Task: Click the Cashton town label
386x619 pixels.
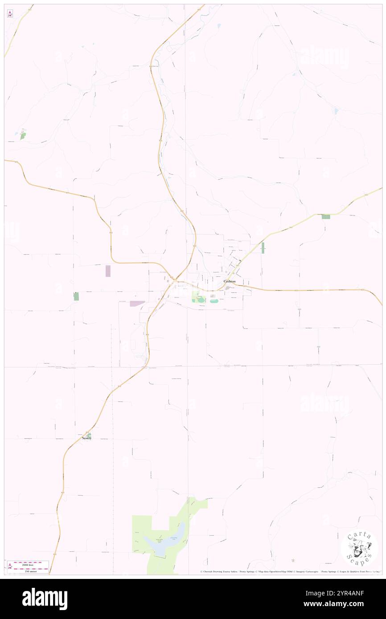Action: tap(229, 281)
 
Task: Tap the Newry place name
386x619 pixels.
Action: tap(86, 438)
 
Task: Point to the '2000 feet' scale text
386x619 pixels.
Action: tap(31, 563)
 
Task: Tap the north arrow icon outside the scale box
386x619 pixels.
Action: tap(10, 14)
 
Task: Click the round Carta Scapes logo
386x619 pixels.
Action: tap(359, 548)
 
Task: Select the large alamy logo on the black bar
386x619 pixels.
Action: tap(45, 599)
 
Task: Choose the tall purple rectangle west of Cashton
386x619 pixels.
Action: tap(108, 271)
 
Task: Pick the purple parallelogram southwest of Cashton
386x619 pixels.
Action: tap(137, 303)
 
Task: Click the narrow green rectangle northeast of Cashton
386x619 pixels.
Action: tap(263, 248)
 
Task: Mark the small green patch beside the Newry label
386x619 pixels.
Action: tap(89, 435)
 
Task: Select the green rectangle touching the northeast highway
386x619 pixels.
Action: tap(326, 216)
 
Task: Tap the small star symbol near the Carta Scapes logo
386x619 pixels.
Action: tap(293, 560)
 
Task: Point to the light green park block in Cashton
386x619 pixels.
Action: tap(198, 297)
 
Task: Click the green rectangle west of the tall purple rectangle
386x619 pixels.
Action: tap(76, 296)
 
